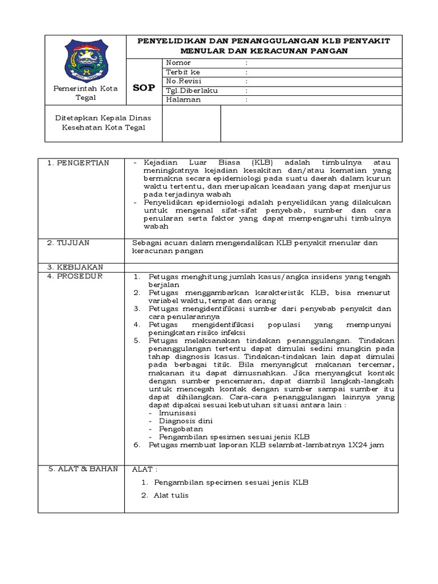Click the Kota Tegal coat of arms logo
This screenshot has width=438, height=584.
click(86, 60)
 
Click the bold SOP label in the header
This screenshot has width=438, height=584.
click(144, 87)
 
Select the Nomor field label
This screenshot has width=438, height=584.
click(178, 63)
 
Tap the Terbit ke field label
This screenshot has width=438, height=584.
click(182, 72)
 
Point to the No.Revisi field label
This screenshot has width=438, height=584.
click(183, 81)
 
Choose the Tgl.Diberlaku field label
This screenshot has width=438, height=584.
click(192, 90)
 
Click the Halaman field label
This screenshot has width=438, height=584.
click(182, 99)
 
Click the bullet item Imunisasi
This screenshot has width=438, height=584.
click(177, 412)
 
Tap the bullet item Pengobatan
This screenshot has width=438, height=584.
click(181, 428)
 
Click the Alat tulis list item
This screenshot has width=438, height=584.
click(171, 495)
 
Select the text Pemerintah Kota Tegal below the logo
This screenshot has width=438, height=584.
click(85, 93)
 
